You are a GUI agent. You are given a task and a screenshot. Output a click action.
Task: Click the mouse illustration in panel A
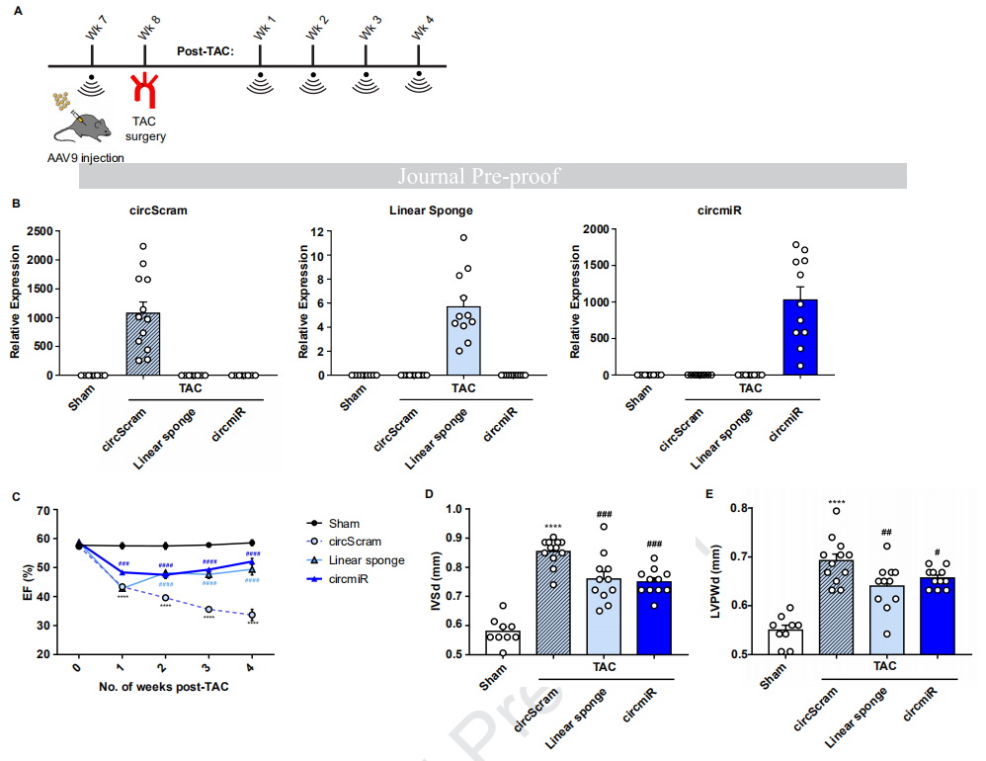(x=83, y=126)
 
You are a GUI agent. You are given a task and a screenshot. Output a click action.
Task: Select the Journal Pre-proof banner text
(x=478, y=176)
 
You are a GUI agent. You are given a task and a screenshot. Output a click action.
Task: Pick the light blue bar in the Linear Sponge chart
(x=464, y=341)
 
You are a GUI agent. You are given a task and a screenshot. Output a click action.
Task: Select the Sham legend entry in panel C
(x=345, y=524)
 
